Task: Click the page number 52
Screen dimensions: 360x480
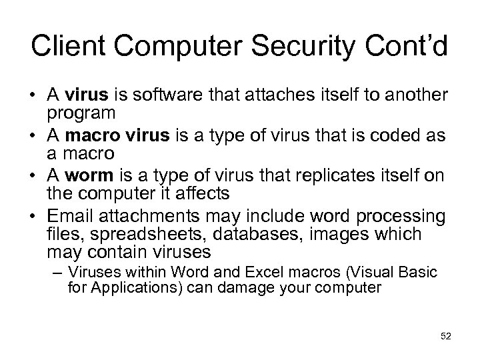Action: click(x=446, y=337)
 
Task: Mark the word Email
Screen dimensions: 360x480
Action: click(x=68, y=216)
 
